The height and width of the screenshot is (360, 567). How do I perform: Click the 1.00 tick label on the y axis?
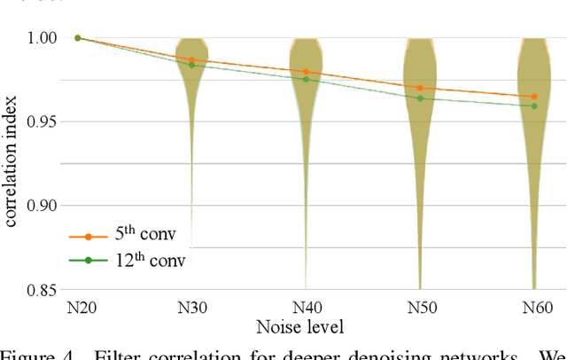pyautogui.click(x=42, y=38)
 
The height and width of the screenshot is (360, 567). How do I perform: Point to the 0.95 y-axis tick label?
pyautogui.click(x=42, y=121)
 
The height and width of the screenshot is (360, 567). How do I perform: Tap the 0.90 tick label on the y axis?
pyautogui.click(x=42, y=206)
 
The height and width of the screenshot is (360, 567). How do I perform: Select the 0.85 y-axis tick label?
pyautogui.click(x=42, y=290)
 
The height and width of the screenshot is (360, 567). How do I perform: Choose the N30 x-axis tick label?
pyautogui.click(x=191, y=307)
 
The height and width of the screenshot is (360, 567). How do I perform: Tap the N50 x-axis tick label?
pyautogui.click(x=420, y=307)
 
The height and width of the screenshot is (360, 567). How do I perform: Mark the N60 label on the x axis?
pyautogui.click(x=534, y=307)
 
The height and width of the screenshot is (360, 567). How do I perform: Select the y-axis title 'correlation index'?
pyautogui.click(x=13, y=164)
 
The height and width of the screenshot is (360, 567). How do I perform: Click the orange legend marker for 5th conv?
pyautogui.click(x=88, y=238)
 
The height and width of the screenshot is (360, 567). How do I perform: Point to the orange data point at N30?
pyautogui.click(x=191, y=59)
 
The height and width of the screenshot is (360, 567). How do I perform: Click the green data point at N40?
pyautogui.click(x=306, y=80)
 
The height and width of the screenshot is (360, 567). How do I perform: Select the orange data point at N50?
pyautogui.click(x=420, y=88)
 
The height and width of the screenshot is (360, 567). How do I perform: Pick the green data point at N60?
pyautogui.click(x=534, y=106)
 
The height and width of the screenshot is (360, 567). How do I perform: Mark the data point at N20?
pyautogui.click(x=77, y=38)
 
